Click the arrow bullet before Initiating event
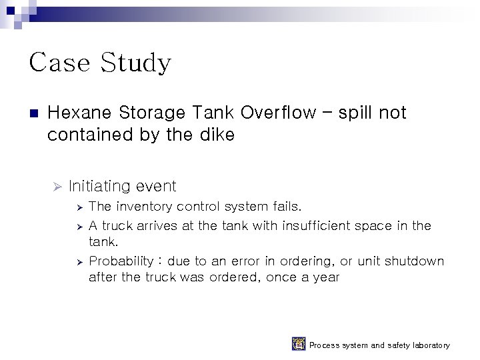click(57, 185)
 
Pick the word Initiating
click(99, 186)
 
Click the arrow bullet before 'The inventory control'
click(79, 207)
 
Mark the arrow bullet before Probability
click(79, 261)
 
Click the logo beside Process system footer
click(299, 345)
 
